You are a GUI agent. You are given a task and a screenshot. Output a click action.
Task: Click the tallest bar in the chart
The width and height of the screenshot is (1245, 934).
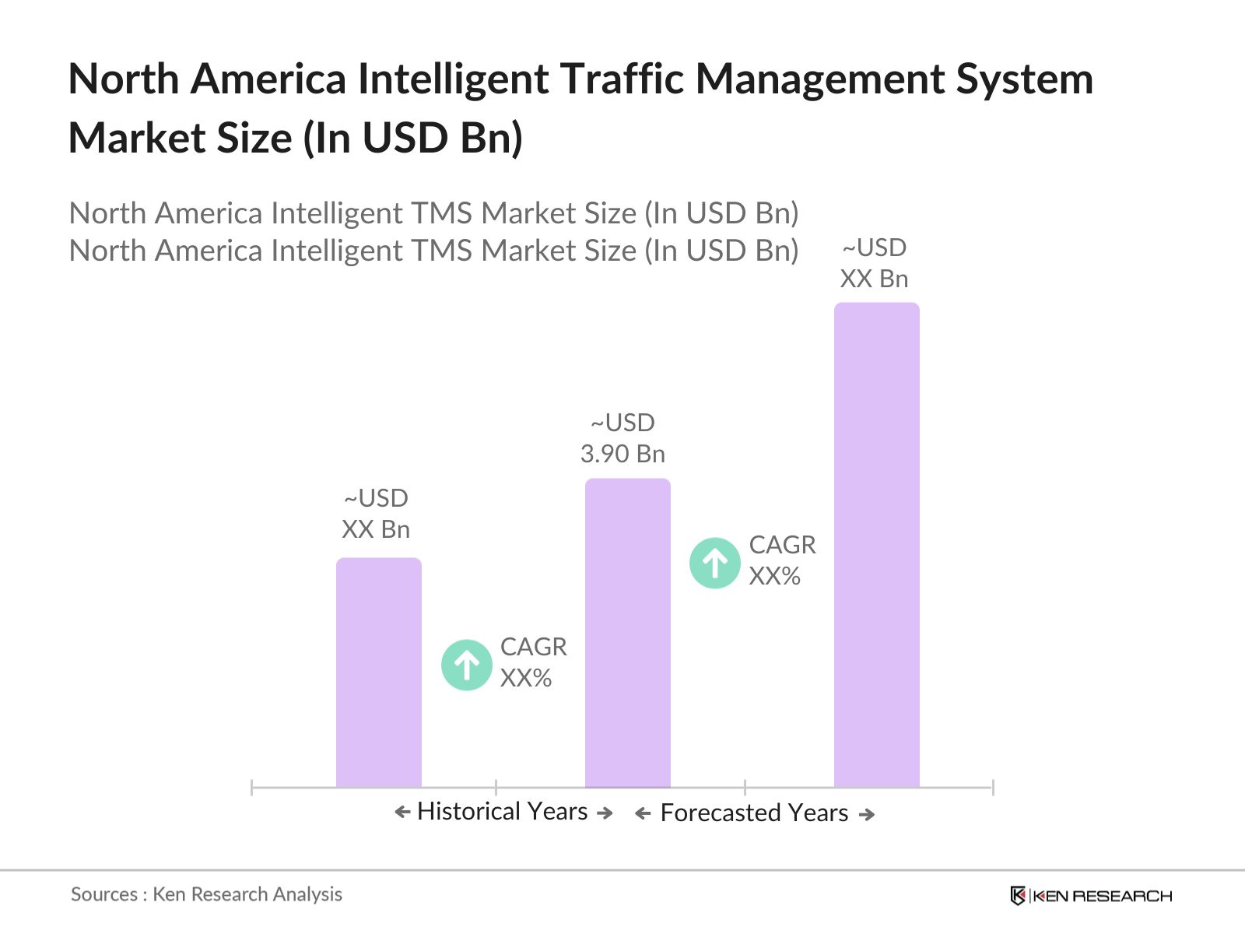click(876, 545)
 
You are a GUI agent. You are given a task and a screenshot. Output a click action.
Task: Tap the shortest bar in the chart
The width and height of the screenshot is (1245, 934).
click(378, 672)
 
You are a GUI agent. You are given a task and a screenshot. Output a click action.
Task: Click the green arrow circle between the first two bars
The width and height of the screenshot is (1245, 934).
click(466, 665)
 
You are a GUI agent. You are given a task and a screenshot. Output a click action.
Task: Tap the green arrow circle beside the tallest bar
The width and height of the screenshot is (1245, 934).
click(714, 563)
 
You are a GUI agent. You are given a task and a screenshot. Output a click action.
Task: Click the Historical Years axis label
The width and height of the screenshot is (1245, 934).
click(502, 812)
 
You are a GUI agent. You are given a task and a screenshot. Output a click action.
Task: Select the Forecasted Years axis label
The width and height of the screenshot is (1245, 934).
click(753, 813)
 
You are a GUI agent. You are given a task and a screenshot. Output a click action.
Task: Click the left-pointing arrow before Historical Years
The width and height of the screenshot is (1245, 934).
click(402, 813)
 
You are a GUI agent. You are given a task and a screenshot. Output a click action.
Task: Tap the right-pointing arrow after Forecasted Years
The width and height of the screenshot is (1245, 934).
click(866, 814)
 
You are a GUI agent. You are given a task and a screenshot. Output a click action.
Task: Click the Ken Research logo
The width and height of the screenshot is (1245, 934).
click(1090, 896)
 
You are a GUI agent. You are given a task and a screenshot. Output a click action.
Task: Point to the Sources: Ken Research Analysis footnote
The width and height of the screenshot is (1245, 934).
click(206, 894)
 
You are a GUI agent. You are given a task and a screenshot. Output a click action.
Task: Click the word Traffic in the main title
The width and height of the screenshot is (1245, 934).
click(622, 79)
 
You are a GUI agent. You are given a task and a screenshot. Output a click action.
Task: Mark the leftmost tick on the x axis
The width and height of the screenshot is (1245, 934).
click(252, 788)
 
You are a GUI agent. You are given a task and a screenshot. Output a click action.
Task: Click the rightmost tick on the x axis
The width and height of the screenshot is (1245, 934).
click(993, 788)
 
